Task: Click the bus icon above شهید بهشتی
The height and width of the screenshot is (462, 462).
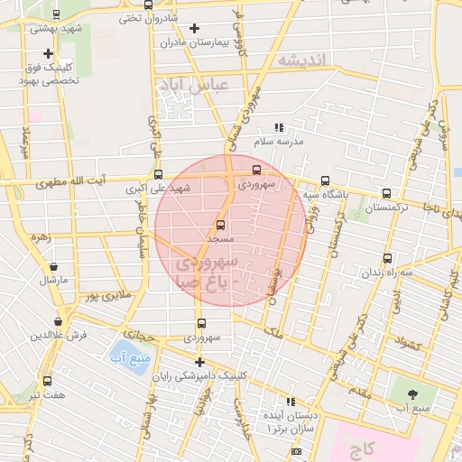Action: pyautogui.click(x=57, y=14)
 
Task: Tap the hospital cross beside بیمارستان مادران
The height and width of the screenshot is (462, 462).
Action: pyautogui.click(x=194, y=29)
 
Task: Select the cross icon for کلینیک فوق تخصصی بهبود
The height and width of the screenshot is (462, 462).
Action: pyautogui.click(x=47, y=54)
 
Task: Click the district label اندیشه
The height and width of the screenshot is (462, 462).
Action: pyautogui.click(x=304, y=60)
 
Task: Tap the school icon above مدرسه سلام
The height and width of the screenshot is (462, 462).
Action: pyautogui.click(x=279, y=128)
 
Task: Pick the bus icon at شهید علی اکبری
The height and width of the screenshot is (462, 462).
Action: pyautogui.click(x=159, y=175)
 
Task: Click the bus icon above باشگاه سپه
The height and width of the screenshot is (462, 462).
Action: pyautogui.click(x=325, y=180)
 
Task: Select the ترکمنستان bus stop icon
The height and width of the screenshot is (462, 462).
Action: pyautogui.click(x=386, y=193)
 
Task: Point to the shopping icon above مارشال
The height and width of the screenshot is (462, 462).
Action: pyautogui.click(x=53, y=267)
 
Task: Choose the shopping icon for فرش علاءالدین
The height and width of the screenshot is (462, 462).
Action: pyautogui.click(x=59, y=321)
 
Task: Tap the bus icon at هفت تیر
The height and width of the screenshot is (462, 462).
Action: pyautogui.click(x=47, y=381)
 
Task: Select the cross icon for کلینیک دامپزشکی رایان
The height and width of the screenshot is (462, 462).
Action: pyautogui.click(x=199, y=363)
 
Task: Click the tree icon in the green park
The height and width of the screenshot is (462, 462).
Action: pyautogui.click(x=413, y=393)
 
